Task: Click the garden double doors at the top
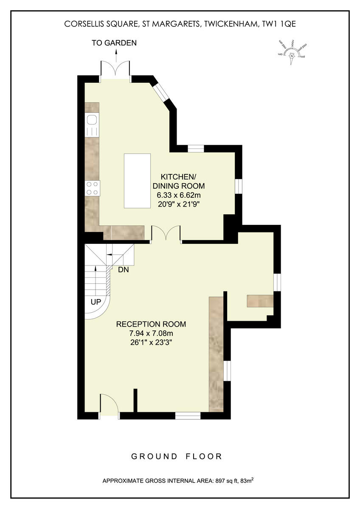click(x=115, y=69)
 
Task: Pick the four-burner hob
click(x=93, y=188)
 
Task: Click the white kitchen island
click(x=137, y=181)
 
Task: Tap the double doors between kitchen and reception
click(x=166, y=234)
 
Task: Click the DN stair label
click(x=123, y=269)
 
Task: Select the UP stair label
click(x=95, y=302)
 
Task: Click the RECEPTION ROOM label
click(x=151, y=324)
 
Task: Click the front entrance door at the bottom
click(x=110, y=406)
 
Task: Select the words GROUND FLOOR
click(x=177, y=456)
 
